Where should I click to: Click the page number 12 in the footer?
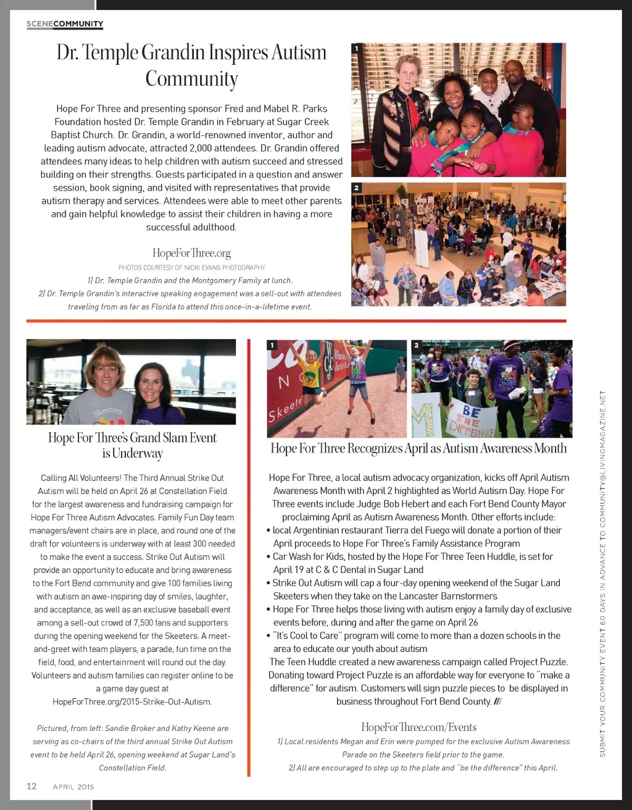click(x=31, y=786)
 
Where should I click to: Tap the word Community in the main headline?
click(x=191, y=79)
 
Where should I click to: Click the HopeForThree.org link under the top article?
click(x=191, y=253)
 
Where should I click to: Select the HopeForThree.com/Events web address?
click(x=418, y=727)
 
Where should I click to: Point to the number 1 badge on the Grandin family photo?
click(x=356, y=48)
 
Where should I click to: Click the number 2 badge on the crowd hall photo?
click(x=356, y=188)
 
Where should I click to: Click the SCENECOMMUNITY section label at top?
click(x=65, y=24)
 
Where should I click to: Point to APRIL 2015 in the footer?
click(x=73, y=787)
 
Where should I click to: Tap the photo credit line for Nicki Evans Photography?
click(x=191, y=267)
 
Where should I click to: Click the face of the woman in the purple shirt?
click(x=151, y=387)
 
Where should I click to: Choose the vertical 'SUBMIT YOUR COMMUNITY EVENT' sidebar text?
click(x=603, y=574)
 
